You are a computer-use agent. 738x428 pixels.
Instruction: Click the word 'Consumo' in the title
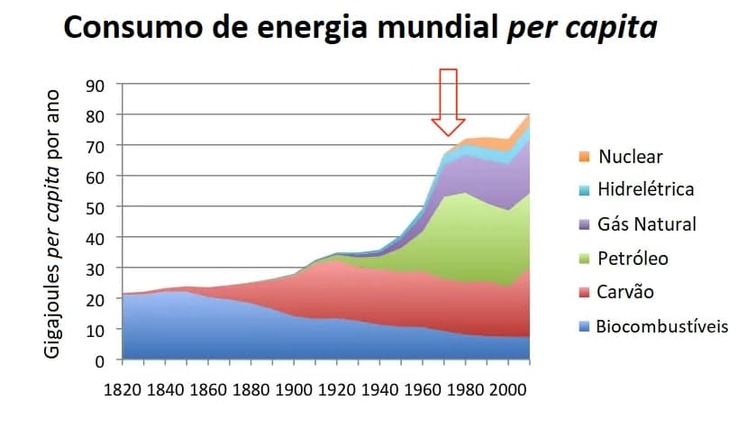[x=129, y=30]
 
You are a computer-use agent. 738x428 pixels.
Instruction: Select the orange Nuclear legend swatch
[x=583, y=156]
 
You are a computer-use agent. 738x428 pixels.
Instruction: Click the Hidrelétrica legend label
[x=646, y=189]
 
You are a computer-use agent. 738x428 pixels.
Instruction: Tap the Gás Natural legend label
[x=647, y=223]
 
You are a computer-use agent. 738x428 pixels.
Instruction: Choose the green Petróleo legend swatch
[x=583, y=259]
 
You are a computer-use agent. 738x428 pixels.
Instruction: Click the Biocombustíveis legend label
[x=662, y=325]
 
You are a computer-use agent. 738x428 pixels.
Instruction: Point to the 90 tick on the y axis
[x=96, y=85]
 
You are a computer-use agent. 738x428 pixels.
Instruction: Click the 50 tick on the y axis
[x=96, y=206]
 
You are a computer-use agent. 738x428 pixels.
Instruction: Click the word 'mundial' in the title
[x=432, y=30]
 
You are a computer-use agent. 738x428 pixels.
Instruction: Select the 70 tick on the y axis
[x=96, y=146]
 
